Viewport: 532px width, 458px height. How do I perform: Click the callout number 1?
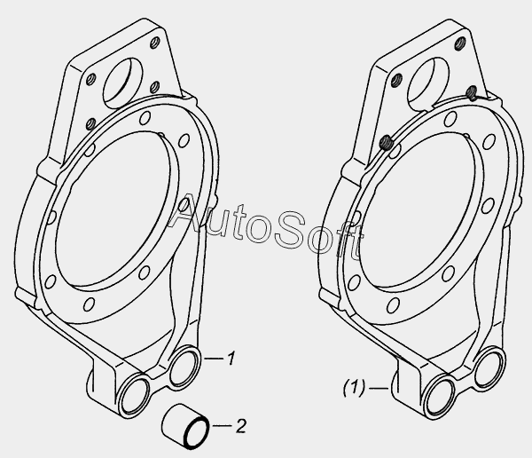[x=231, y=359]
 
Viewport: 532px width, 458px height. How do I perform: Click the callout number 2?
[x=240, y=426]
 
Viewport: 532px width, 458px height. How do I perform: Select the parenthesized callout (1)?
[x=354, y=388]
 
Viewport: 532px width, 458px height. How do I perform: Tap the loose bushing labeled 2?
[x=185, y=426]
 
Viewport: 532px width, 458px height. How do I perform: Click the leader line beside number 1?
[x=214, y=358]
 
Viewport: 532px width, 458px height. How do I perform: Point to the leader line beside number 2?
[x=223, y=425]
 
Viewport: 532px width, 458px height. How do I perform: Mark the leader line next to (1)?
[x=379, y=388]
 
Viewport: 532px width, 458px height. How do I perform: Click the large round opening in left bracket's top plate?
[x=123, y=83]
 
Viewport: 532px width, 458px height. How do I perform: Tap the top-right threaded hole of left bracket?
[x=154, y=43]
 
